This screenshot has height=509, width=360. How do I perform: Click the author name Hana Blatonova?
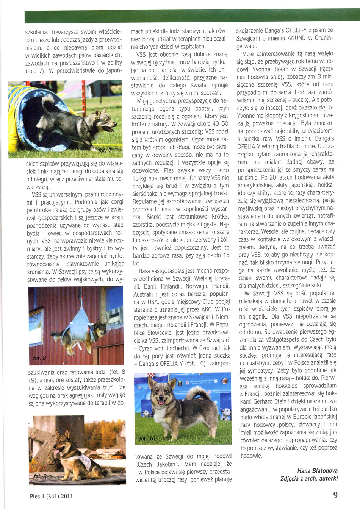point(317,470)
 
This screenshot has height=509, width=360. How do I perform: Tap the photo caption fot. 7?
point(105,151)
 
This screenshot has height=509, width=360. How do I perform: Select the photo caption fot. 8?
point(39,358)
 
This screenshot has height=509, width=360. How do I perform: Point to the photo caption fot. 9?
point(40,476)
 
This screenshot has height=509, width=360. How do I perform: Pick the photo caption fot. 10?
point(147,439)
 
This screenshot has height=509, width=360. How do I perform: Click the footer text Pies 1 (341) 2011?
point(51,496)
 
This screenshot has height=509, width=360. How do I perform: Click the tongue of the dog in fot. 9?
point(57,451)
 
